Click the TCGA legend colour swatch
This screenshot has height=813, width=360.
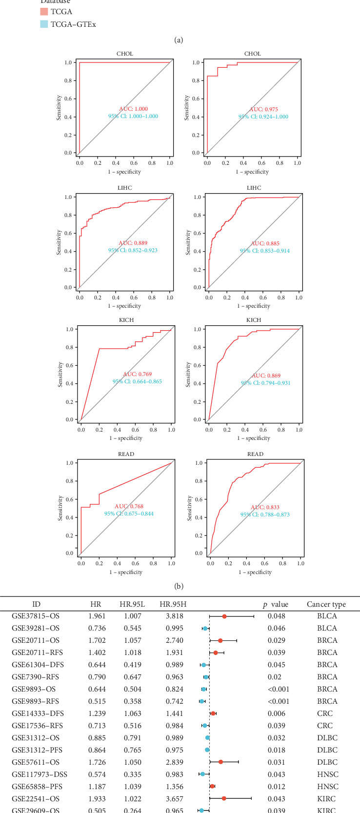44,12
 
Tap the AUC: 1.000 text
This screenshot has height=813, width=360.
133,109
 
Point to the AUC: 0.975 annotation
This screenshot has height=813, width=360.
263,109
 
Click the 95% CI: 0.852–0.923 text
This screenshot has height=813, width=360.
133,250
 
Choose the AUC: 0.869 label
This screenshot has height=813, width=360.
266,376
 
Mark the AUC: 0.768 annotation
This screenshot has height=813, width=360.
129,506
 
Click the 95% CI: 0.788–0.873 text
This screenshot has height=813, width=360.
265,514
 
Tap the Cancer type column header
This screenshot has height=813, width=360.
326,604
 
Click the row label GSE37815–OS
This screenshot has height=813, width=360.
36,616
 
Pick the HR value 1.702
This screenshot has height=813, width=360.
96,640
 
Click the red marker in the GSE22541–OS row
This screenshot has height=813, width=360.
224,799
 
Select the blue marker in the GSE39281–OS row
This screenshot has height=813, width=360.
205,628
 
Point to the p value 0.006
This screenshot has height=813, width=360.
276,714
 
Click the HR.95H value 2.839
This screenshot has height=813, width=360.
172,762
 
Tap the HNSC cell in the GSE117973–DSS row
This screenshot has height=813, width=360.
326,774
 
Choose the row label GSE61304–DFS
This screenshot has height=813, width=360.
38,665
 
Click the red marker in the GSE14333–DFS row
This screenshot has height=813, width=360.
213,714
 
